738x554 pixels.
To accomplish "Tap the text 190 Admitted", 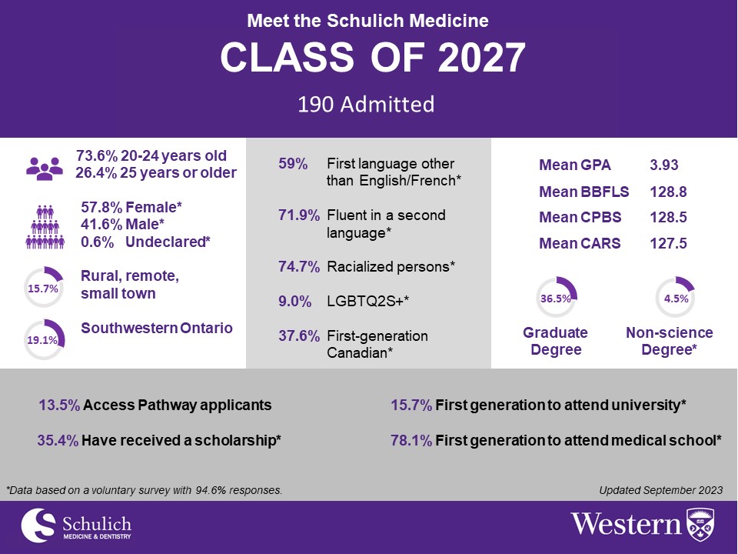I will click(x=366, y=104).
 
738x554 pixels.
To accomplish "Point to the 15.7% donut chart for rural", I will click(x=44, y=287).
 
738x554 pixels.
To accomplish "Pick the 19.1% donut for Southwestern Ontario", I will click(x=44, y=339).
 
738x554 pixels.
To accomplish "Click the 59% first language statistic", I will click(x=292, y=164).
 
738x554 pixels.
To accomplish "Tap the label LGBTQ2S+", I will click(x=367, y=302).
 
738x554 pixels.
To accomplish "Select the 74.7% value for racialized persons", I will click(x=298, y=267).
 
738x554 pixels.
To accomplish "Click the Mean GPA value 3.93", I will click(x=664, y=165).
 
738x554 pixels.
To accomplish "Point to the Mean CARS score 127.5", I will click(x=668, y=244).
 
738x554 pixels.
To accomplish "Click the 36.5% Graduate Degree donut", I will click(x=555, y=297).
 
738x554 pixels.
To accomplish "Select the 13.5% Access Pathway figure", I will click(x=59, y=405).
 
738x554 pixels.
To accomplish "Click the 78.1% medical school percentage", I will click(x=411, y=440).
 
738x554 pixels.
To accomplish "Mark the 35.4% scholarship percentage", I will click(x=58, y=440).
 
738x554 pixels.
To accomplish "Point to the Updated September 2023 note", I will click(x=660, y=489).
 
